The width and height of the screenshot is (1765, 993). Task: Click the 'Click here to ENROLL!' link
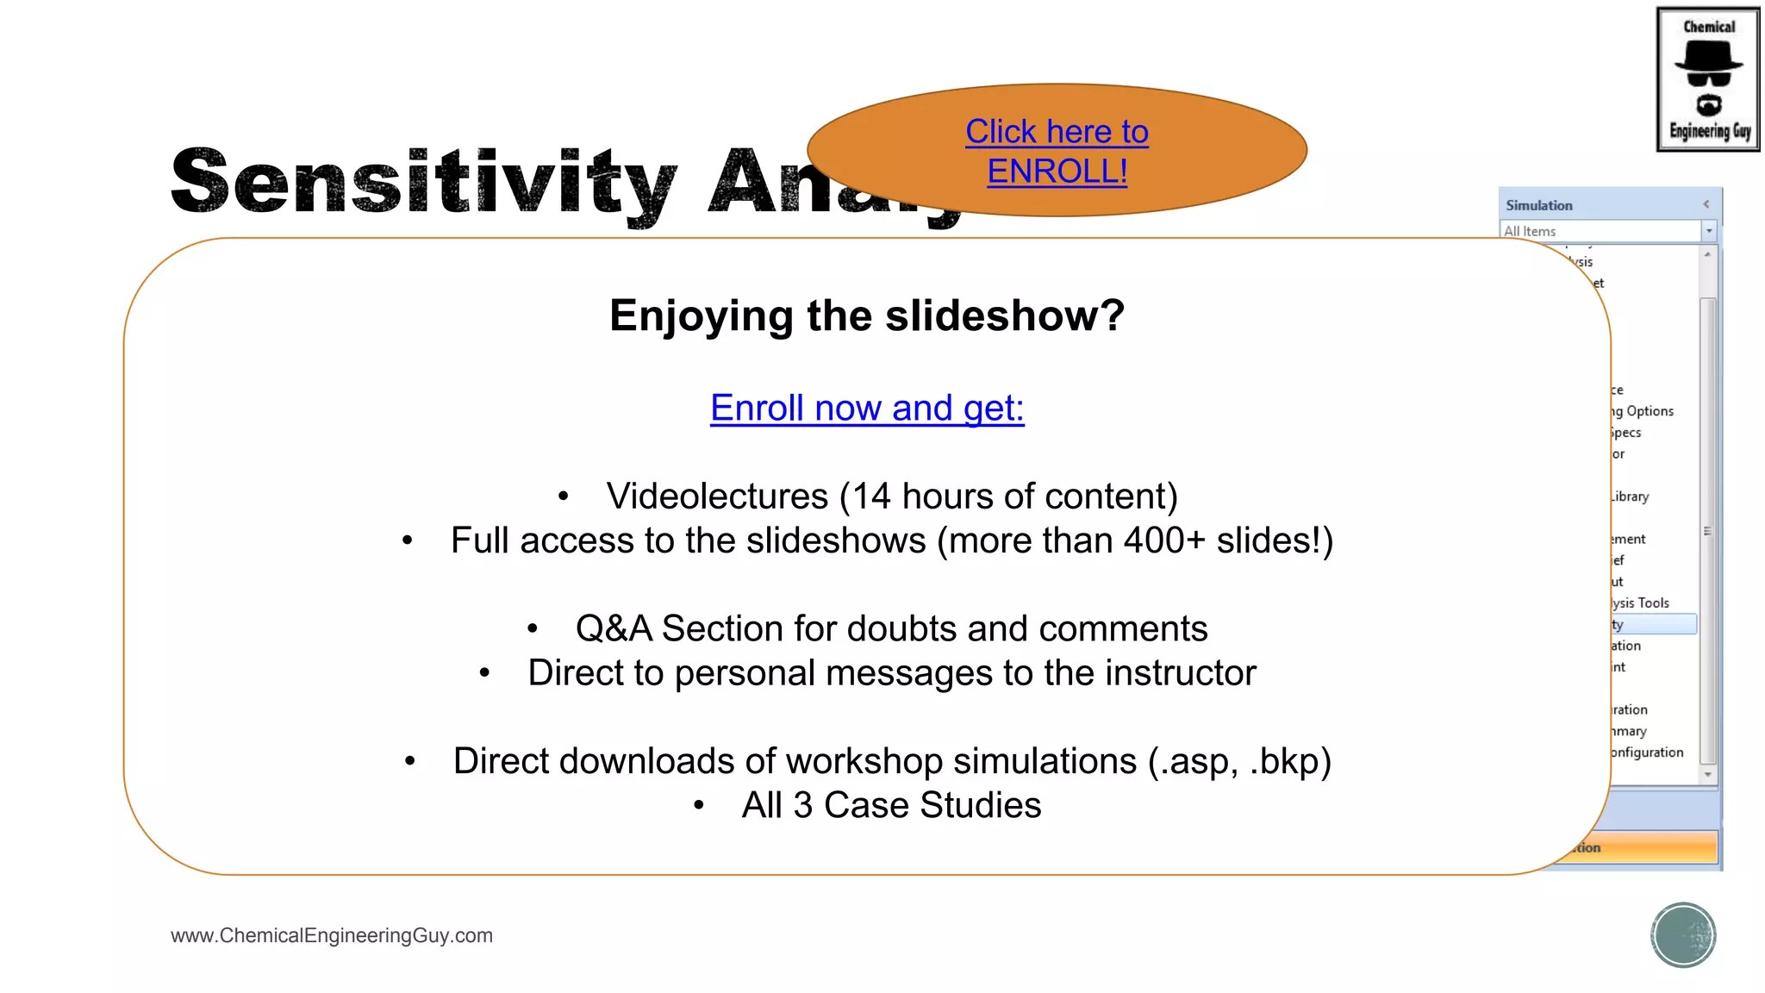pos(1057,152)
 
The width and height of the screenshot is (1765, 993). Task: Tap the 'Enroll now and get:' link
pos(867,408)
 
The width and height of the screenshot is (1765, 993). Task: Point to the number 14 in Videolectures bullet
pos(871,496)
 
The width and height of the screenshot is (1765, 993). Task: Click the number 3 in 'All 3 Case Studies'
pos(802,806)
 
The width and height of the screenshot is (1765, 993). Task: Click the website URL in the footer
pos(332,935)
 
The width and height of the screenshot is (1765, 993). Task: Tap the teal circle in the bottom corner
pos(1682,935)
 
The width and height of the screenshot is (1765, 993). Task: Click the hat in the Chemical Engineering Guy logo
pos(1708,59)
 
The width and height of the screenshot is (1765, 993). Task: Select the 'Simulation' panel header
pos(1539,205)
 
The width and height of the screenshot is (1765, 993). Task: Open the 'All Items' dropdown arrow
pos(1708,231)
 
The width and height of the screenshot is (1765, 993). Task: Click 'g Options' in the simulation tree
pos(1643,411)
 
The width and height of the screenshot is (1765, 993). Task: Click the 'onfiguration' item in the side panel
pos(1647,752)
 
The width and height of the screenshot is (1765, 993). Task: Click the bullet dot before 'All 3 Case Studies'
pos(699,806)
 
